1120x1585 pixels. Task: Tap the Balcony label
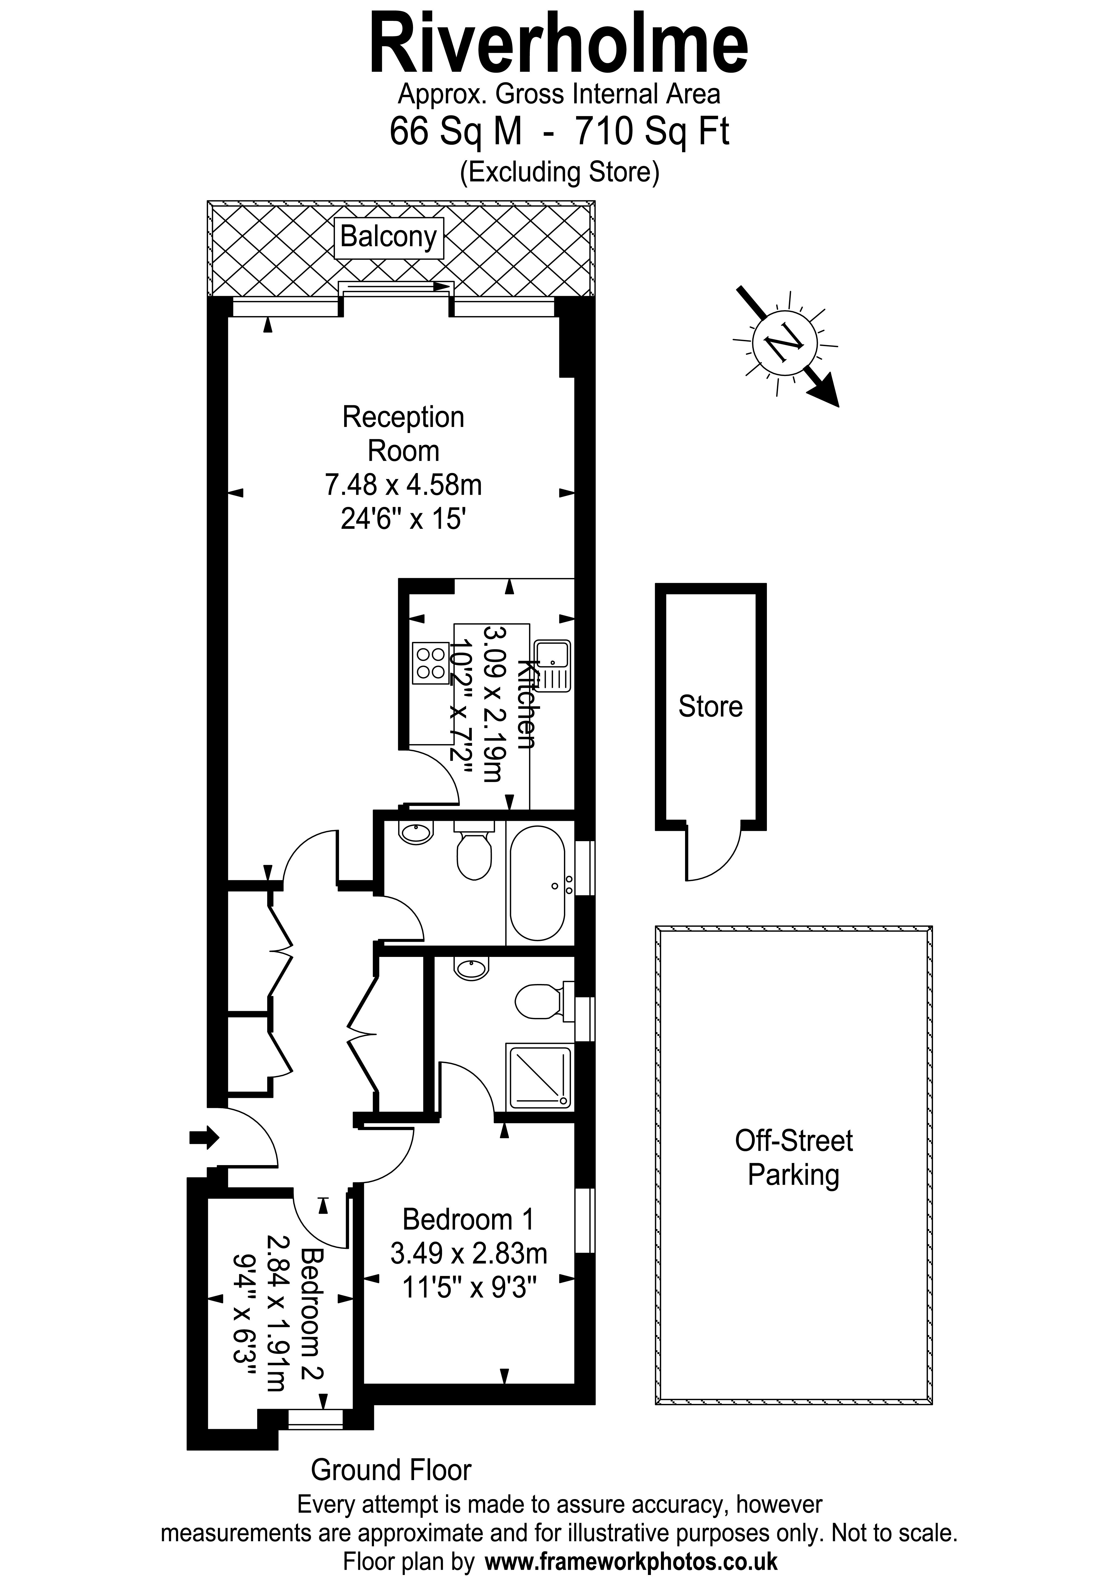coord(389,237)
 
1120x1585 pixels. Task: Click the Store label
coord(710,707)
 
